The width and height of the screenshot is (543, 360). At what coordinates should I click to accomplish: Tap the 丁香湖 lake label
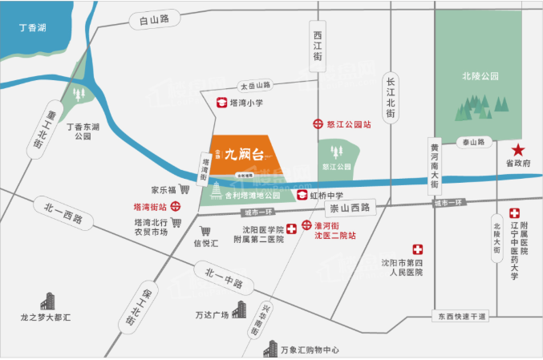click(32, 28)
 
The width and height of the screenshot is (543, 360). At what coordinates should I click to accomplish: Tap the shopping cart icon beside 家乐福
click(184, 190)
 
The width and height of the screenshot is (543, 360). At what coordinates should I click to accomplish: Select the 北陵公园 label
click(480, 76)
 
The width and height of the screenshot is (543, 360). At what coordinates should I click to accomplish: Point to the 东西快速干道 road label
click(462, 317)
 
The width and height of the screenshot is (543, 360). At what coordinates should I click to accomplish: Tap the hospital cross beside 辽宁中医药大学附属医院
click(514, 214)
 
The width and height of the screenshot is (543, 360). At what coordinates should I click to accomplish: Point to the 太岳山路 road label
click(256, 85)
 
